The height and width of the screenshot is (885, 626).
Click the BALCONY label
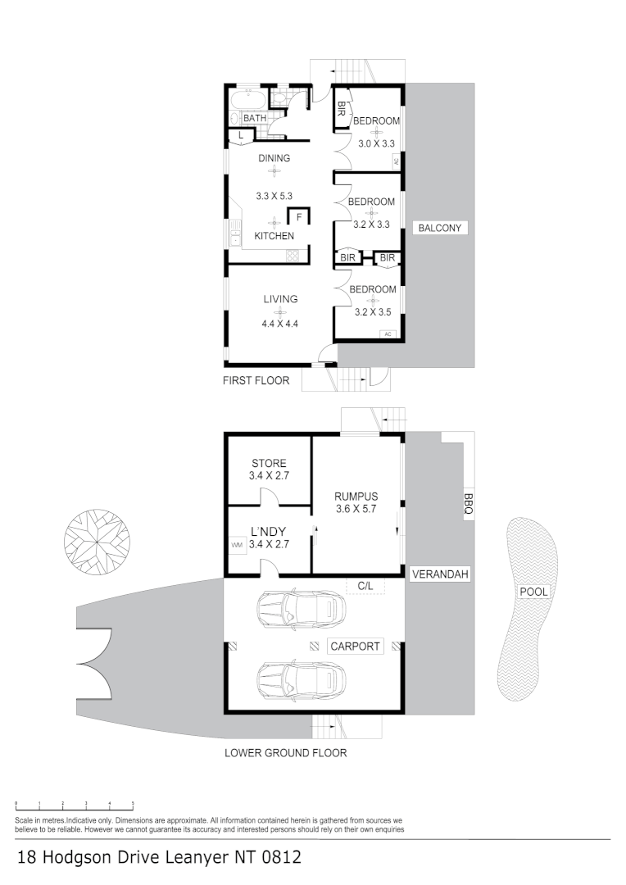pos(440,229)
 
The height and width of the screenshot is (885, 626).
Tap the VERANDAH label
pos(440,574)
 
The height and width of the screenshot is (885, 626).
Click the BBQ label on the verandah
pos(468,504)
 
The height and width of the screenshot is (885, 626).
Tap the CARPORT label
pos(355,647)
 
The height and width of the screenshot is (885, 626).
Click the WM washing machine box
pos(237,545)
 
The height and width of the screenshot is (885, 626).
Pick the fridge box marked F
pos(299,217)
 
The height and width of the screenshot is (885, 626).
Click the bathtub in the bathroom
pos(247,101)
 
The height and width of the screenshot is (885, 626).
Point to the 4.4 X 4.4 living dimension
pos(279,323)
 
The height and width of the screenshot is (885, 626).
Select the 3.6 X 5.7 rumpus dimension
pos(356,509)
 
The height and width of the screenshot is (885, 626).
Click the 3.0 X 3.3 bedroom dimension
pos(377,143)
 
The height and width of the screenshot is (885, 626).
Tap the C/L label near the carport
pos(365,586)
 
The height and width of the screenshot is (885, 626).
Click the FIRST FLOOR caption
pos(256,380)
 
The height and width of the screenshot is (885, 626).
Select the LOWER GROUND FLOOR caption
pos(285,752)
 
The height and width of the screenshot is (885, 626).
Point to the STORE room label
pos(269,463)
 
